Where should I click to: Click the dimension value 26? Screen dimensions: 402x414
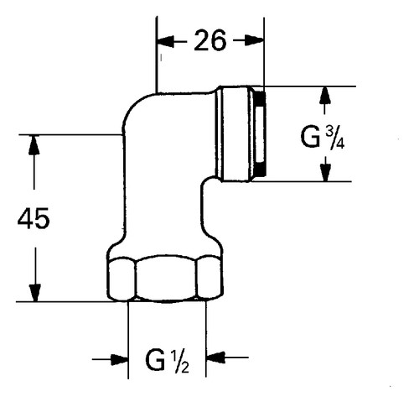[210, 40]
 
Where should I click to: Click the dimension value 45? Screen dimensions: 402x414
[34, 219]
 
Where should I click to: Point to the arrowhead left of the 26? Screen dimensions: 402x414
[166, 40]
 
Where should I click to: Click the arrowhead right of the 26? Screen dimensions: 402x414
[256, 40]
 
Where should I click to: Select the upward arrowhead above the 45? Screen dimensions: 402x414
[34, 145]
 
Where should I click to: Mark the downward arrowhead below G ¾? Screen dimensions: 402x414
[325, 171]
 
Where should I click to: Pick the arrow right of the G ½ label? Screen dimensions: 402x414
[216, 358]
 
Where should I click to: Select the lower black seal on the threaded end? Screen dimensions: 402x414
[260, 170]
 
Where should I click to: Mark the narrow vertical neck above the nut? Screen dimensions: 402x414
[163, 201]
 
